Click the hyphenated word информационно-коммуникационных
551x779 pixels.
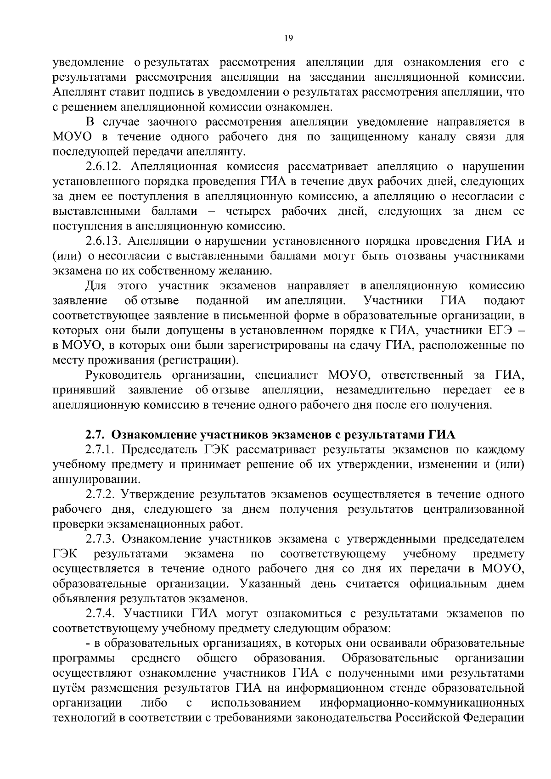point(422,703)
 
